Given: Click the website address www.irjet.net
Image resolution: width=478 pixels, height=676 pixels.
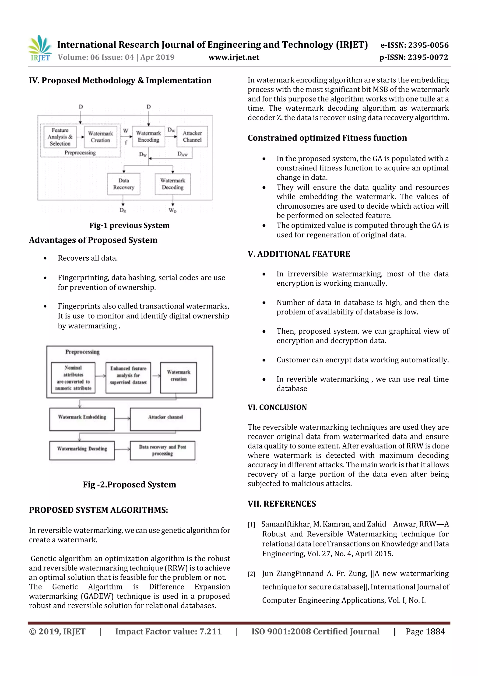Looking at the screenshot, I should click(x=234, y=57).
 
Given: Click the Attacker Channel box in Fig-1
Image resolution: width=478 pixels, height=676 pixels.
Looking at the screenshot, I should click(x=192, y=137).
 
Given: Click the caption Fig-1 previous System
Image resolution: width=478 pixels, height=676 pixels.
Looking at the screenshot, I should click(x=129, y=226).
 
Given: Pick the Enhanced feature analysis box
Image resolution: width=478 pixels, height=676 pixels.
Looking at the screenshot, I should click(x=128, y=378).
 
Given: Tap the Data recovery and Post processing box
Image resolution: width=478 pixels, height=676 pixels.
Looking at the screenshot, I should click(x=162, y=450).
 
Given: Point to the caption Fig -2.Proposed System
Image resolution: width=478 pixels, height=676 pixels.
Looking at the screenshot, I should click(x=129, y=484).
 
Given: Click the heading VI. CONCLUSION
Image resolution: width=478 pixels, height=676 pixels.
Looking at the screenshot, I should click(x=277, y=407).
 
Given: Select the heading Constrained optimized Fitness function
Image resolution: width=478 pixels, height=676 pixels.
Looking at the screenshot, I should click(x=327, y=138).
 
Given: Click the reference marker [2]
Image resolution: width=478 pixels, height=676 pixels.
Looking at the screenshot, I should click(x=251, y=574).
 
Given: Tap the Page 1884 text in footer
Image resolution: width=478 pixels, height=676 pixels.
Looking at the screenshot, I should click(x=425, y=631).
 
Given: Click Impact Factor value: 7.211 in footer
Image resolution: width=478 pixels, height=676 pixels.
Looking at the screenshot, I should click(x=168, y=631).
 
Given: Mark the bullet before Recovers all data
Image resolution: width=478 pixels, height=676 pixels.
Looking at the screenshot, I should click(x=45, y=259).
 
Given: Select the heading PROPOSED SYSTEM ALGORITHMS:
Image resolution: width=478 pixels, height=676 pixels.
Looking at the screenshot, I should click(x=98, y=510).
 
